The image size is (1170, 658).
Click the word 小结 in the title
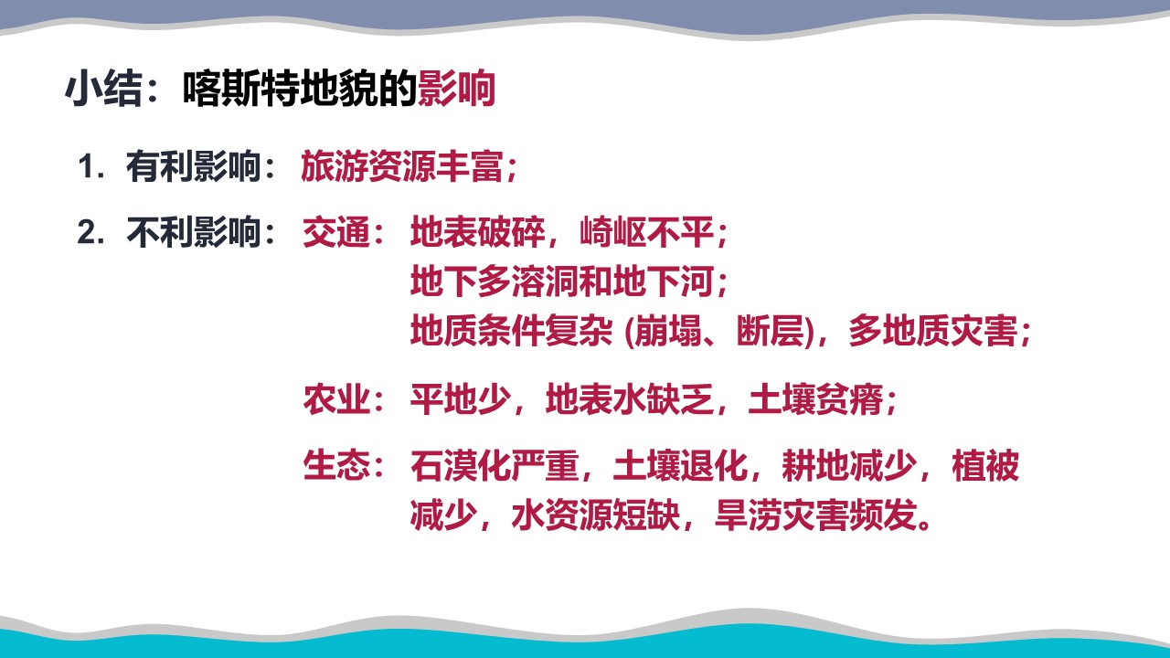click(x=103, y=89)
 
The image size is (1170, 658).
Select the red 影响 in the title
click(x=456, y=89)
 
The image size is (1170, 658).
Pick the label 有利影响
click(x=193, y=167)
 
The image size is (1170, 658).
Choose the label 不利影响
click(x=193, y=232)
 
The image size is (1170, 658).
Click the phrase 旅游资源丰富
click(x=402, y=167)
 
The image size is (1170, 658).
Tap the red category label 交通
click(x=336, y=232)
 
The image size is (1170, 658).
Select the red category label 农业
click(x=336, y=399)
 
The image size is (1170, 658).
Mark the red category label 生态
click(x=336, y=465)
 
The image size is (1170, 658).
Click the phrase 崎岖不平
click(x=646, y=232)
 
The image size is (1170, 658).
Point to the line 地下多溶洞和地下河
click(x=562, y=281)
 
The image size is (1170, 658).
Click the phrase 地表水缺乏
click(x=630, y=399)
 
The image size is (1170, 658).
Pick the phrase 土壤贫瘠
click(x=815, y=399)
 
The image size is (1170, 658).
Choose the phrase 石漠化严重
click(x=495, y=465)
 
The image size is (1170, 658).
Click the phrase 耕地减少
click(x=849, y=465)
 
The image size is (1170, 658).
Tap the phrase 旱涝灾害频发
click(x=815, y=515)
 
